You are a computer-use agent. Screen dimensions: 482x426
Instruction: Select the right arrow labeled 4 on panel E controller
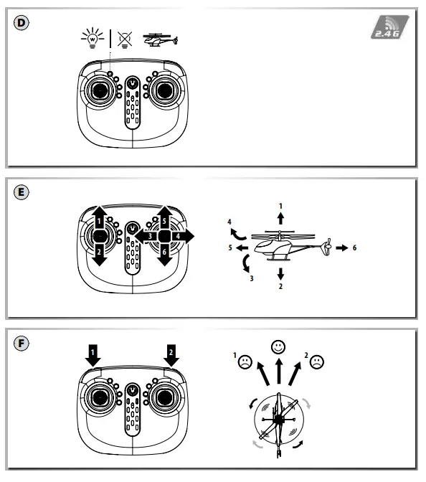tap(184, 235)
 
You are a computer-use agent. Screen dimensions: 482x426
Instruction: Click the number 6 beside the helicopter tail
tap(356, 247)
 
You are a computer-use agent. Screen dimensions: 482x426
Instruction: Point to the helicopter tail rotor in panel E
tap(327, 247)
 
